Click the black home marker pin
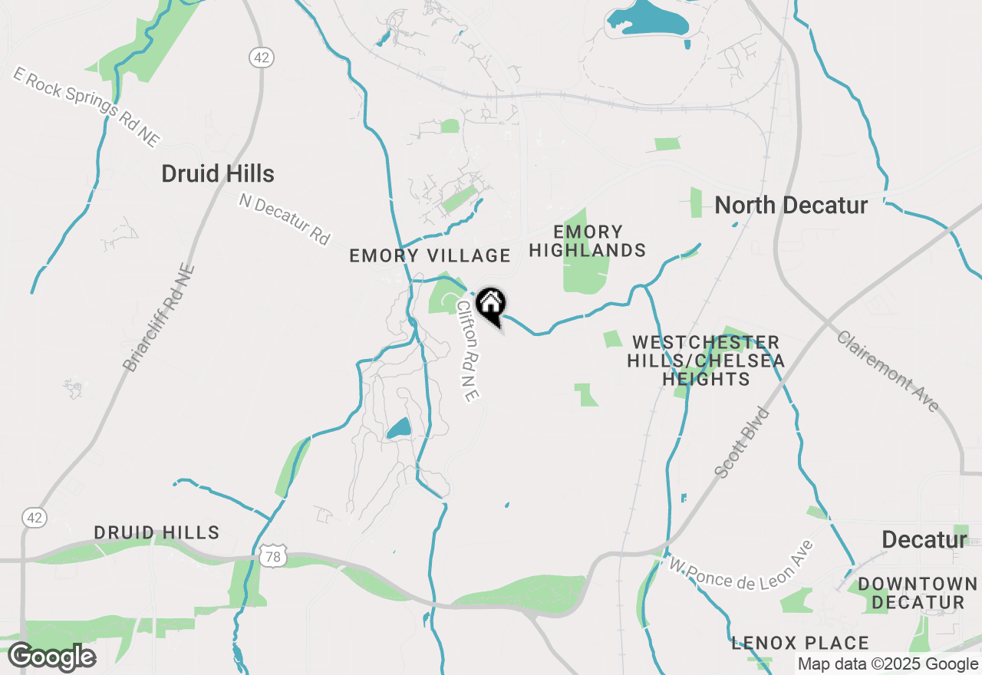(490, 305)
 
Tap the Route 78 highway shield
(274, 556)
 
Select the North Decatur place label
(791, 206)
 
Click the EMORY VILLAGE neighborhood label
(430, 255)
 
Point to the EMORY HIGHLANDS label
(588, 241)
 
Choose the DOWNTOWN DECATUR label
(918, 593)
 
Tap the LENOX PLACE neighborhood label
(800, 643)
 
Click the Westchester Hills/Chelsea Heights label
(706, 361)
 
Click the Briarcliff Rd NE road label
(160, 319)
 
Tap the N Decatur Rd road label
(284, 219)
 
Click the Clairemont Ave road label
(888, 371)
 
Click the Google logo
(51, 657)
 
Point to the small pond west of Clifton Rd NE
(398, 428)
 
